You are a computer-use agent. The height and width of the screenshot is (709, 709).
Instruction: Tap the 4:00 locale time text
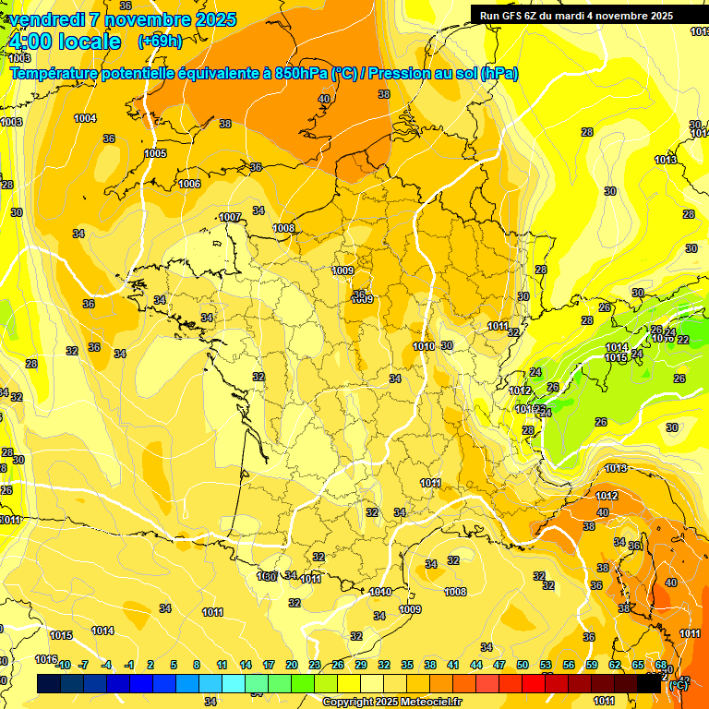(x=65, y=42)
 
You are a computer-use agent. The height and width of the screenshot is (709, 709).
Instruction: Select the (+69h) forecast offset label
(x=159, y=42)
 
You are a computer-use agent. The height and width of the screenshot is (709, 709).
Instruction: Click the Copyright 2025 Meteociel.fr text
(x=391, y=702)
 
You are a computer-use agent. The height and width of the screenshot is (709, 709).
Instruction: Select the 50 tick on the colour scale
(x=523, y=665)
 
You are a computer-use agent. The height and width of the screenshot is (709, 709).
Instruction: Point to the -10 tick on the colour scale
(x=63, y=665)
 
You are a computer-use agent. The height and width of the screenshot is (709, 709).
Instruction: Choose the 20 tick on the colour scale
(x=291, y=665)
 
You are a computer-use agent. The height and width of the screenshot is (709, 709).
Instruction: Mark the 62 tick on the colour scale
(x=615, y=665)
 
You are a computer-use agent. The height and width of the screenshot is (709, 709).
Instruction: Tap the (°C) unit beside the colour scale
(x=677, y=686)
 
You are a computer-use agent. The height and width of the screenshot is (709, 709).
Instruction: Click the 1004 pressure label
(x=85, y=118)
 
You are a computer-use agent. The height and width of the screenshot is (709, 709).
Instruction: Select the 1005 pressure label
(x=155, y=153)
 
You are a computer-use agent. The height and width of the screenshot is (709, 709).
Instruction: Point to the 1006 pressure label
(x=189, y=184)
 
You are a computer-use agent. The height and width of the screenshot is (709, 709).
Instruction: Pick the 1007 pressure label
(x=231, y=217)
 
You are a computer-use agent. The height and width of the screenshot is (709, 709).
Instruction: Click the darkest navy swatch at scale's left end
(x=49, y=683)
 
